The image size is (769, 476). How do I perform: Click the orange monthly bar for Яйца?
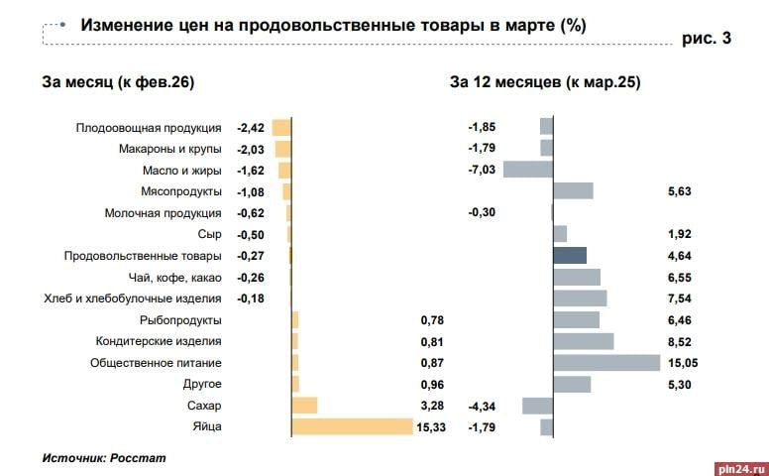[x=352, y=426]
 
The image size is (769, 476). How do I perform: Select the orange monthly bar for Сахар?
[x=304, y=406]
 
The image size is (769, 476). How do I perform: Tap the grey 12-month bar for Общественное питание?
[x=606, y=362]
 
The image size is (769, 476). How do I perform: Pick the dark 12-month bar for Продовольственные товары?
[x=570, y=255]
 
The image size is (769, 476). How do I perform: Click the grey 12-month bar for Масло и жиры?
[x=527, y=170]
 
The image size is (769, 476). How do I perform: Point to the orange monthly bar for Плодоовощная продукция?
[x=281, y=127]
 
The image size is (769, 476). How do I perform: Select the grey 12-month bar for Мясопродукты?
[x=573, y=191]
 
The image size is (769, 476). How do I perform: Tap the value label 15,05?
[x=683, y=363]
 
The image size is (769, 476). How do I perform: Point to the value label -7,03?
[x=482, y=170]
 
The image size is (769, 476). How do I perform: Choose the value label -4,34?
[x=482, y=406]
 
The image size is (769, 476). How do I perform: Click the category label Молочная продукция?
[x=163, y=213]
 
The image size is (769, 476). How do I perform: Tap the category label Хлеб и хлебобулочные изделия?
[x=133, y=298]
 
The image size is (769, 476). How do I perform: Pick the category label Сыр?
[x=210, y=234]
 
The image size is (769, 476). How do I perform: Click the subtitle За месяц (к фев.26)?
[x=118, y=82]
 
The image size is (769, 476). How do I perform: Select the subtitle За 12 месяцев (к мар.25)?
[x=545, y=82]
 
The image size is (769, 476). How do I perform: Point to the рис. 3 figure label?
[x=708, y=40]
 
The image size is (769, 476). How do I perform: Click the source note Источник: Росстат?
[x=104, y=458]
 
